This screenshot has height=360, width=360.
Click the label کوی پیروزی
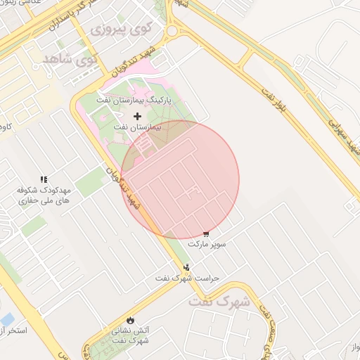pyautogui.click(x=120, y=30)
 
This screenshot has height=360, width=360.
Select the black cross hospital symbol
pyautogui.click(x=137, y=115)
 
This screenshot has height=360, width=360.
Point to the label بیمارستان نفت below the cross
pyautogui.click(x=137, y=129)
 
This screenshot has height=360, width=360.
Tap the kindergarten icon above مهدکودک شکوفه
pyautogui.click(x=44, y=180)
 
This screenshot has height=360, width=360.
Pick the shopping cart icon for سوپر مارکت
pyautogui.click(x=205, y=233)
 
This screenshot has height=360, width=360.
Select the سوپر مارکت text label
pyautogui.click(x=206, y=244)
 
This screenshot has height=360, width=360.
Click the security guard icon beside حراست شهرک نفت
pyautogui.click(x=186, y=267)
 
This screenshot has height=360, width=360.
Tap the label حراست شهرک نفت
pyautogui.click(x=188, y=278)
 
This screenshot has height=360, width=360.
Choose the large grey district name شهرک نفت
pyautogui.click(x=220, y=302)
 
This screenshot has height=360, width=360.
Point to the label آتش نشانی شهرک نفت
pyautogui.click(x=129, y=335)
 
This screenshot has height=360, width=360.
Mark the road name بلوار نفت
pyautogui.click(x=271, y=101)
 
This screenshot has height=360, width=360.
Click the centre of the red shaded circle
pyautogui.click(x=180, y=179)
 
